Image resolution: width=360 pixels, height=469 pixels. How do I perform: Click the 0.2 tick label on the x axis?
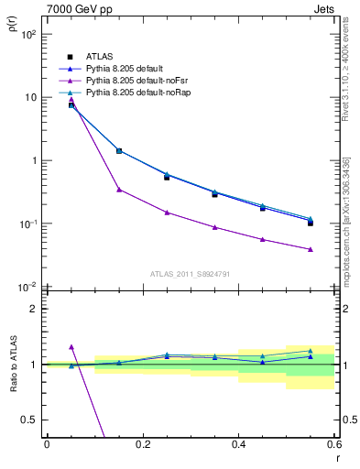point(142,445)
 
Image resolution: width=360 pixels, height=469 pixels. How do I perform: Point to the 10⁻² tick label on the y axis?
point(28,288)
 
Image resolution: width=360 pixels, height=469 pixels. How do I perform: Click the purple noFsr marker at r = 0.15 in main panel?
point(119,190)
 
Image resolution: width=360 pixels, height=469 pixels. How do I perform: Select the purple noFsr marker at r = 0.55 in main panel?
point(311,249)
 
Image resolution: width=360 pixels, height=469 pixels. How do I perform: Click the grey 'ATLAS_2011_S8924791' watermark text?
point(190,273)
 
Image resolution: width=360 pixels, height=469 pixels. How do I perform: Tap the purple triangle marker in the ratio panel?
point(71,347)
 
